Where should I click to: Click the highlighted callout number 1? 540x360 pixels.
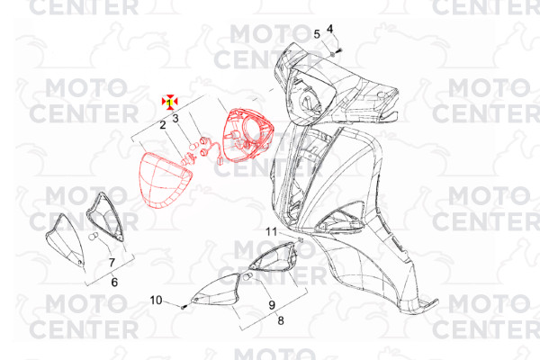(x=169, y=103)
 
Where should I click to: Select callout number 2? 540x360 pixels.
(x=163, y=125)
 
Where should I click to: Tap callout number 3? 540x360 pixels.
(x=175, y=119)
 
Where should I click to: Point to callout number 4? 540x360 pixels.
(x=330, y=29)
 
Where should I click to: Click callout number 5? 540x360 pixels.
(x=317, y=34)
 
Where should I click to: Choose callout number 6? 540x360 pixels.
(x=114, y=282)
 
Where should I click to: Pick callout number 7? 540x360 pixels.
(x=112, y=263)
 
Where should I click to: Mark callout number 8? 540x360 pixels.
(x=281, y=320)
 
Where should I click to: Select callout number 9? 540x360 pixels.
(x=272, y=305)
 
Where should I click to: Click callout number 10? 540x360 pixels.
(x=156, y=300)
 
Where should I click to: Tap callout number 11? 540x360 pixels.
(x=272, y=232)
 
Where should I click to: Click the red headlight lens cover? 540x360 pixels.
(x=166, y=180)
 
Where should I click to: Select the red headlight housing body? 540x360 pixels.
(x=248, y=135)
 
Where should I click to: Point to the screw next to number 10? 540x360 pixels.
(x=184, y=306)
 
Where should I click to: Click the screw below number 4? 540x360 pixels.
(x=338, y=50)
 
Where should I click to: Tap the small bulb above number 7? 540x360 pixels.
(x=93, y=237)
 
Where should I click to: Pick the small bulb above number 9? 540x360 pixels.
(x=248, y=276)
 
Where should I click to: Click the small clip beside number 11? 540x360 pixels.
(x=300, y=239)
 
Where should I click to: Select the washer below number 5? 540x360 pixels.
(x=332, y=54)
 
